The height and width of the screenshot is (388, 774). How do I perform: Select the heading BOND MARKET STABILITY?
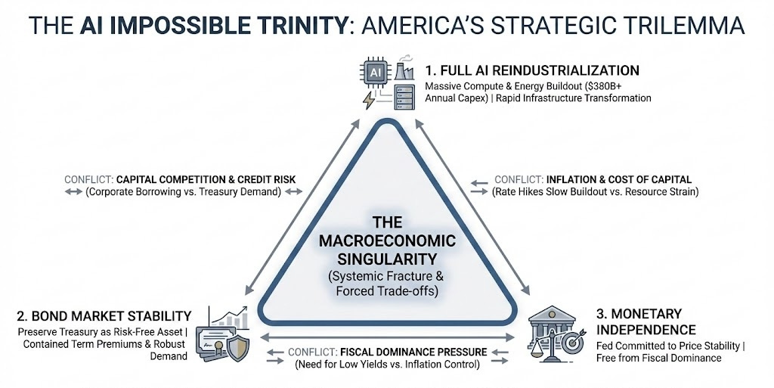click(x=101, y=315)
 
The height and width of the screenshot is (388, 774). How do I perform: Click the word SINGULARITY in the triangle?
click(x=387, y=257)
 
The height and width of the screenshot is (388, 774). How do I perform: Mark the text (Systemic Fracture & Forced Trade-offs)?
click(x=387, y=281)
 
